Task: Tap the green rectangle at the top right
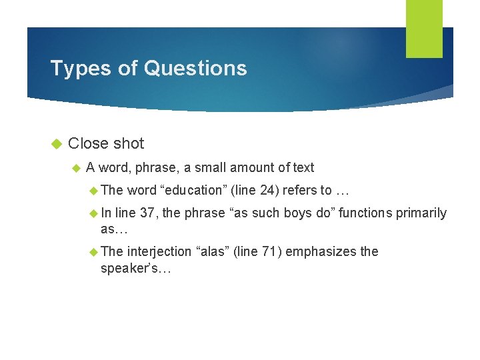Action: (424, 28)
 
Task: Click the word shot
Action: (129, 143)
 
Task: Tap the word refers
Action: (299, 190)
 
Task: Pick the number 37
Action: (148, 213)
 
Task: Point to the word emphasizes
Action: (322, 251)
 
